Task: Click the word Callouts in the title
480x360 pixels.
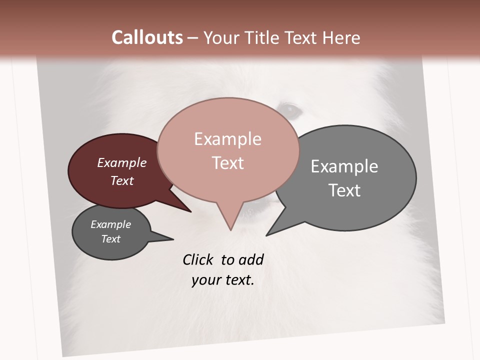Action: tap(147, 37)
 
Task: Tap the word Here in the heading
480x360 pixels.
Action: tap(340, 37)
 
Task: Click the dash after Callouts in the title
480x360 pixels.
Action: tap(193, 38)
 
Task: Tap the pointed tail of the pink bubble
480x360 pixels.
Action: tap(230, 222)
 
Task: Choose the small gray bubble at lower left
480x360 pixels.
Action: tap(100, 247)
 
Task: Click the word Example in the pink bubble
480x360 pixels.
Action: tap(227, 139)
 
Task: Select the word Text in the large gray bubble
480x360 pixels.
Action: tap(344, 190)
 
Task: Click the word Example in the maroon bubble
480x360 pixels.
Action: tap(122, 163)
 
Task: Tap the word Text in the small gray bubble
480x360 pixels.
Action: tap(111, 239)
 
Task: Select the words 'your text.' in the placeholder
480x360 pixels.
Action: tap(223, 280)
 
